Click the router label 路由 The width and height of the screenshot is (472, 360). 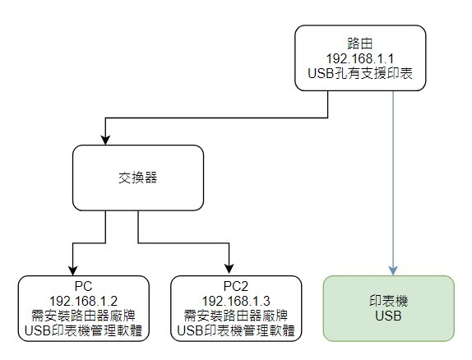pyautogui.click(x=360, y=44)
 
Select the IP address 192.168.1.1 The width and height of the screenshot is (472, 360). pyautogui.click(x=360, y=58)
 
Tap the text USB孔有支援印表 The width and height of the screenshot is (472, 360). pyautogui.click(x=360, y=74)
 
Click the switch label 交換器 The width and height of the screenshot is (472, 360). pyautogui.click(x=138, y=178)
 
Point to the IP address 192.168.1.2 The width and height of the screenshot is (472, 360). pyautogui.click(x=83, y=301)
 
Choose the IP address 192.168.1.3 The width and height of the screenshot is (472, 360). pyautogui.click(x=236, y=301)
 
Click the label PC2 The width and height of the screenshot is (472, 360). pyautogui.click(x=236, y=286)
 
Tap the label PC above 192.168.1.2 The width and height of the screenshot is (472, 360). pyautogui.click(x=83, y=286)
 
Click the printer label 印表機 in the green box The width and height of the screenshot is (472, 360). pyautogui.click(x=388, y=301)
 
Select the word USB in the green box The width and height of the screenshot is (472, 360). pyautogui.click(x=388, y=316)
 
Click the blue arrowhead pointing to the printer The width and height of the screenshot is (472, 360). pyautogui.click(x=393, y=270)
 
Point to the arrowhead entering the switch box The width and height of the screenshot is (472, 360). pyautogui.click(x=105, y=140)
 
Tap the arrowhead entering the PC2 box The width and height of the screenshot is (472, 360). pyautogui.click(x=229, y=269)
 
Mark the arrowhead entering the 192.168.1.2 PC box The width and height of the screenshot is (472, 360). pyautogui.click(x=73, y=270)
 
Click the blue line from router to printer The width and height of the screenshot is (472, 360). pyautogui.click(x=393, y=181)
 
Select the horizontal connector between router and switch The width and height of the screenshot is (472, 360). pyautogui.click(x=216, y=118)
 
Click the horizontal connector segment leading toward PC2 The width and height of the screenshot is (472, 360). pyautogui.click(x=183, y=242)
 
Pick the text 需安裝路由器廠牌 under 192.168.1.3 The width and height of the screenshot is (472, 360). pyautogui.click(x=236, y=316)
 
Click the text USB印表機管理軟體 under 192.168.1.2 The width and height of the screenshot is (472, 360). pyautogui.click(x=83, y=330)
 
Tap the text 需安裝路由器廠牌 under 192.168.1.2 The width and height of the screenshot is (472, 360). pyautogui.click(x=83, y=316)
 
